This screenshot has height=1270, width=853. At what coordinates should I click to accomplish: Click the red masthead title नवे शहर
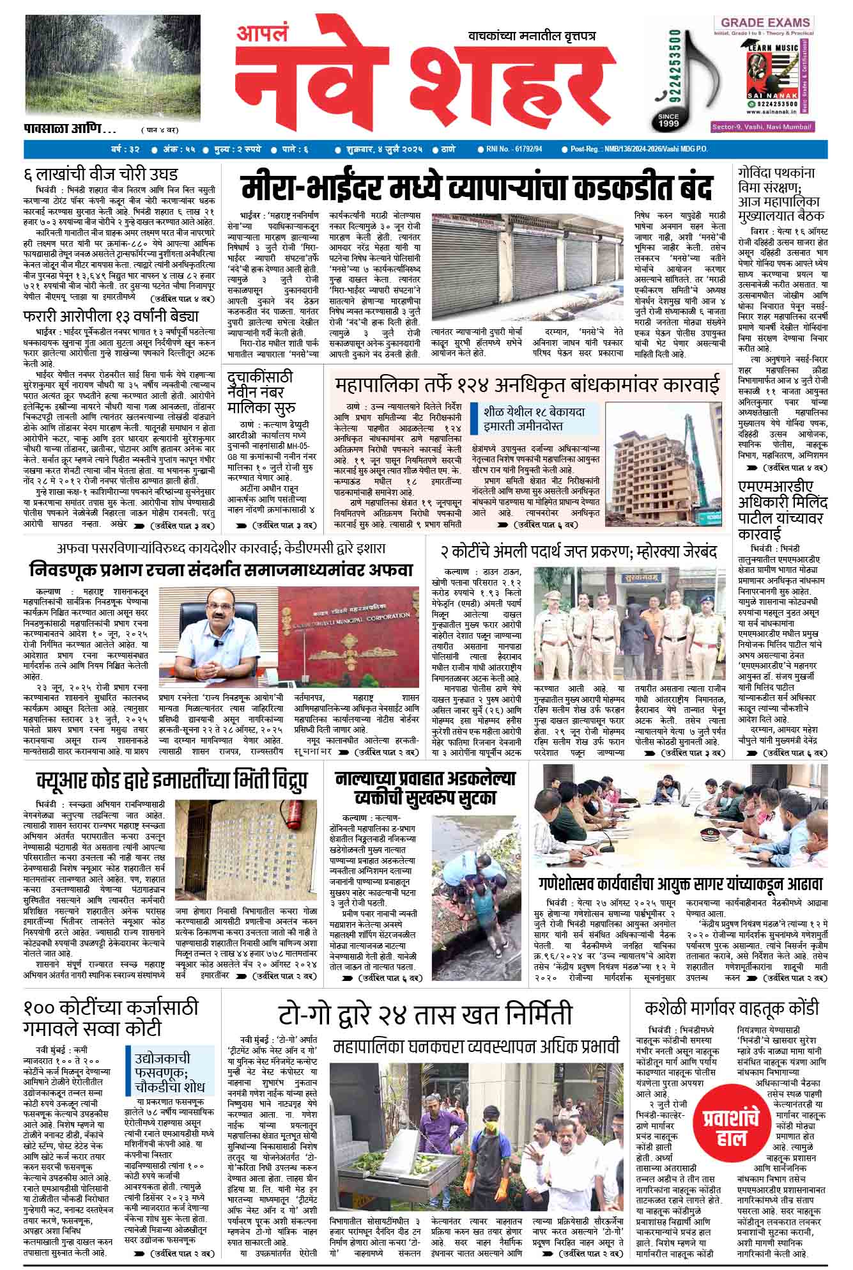(x=422, y=83)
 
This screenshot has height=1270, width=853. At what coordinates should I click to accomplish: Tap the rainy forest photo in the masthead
(x=113, y=67)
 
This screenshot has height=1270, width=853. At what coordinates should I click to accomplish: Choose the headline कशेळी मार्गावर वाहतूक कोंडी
(x=732, y=1008)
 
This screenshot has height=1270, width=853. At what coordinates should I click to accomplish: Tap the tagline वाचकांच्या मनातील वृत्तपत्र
(x=531, y=36)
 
